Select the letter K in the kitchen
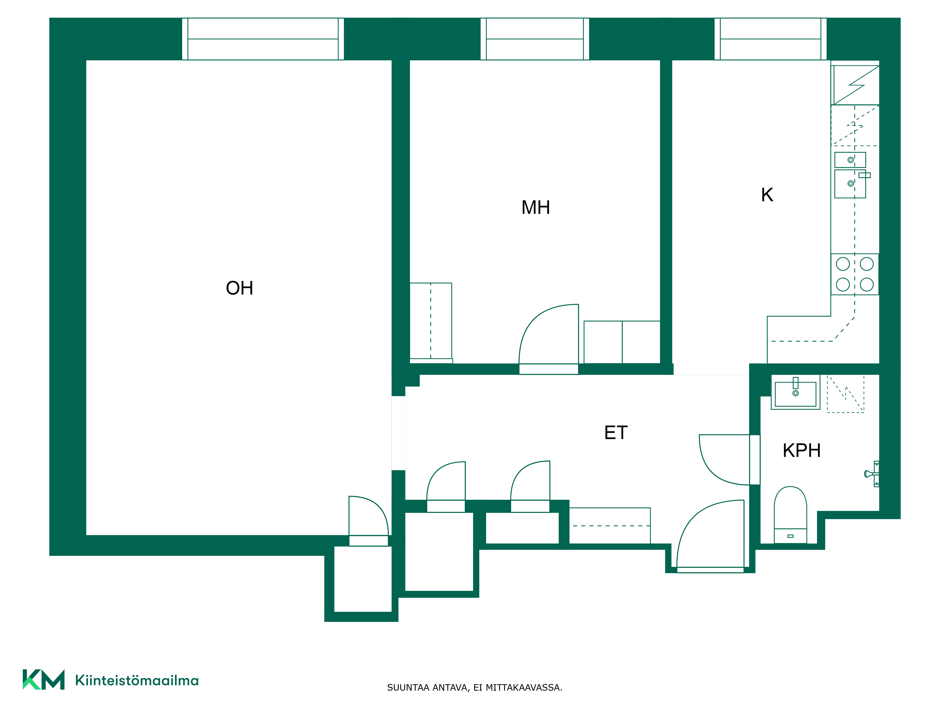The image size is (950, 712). point(767,195)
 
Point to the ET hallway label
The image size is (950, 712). point(616,433)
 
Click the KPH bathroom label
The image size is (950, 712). point(801,451)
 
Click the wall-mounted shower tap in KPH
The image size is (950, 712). point(872,474)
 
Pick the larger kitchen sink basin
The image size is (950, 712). point(850,184)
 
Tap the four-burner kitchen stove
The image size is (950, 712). point(855,274)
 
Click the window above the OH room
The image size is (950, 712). point(263,39)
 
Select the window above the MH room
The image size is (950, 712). point(535,39)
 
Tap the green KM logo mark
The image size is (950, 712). point(43,679)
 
